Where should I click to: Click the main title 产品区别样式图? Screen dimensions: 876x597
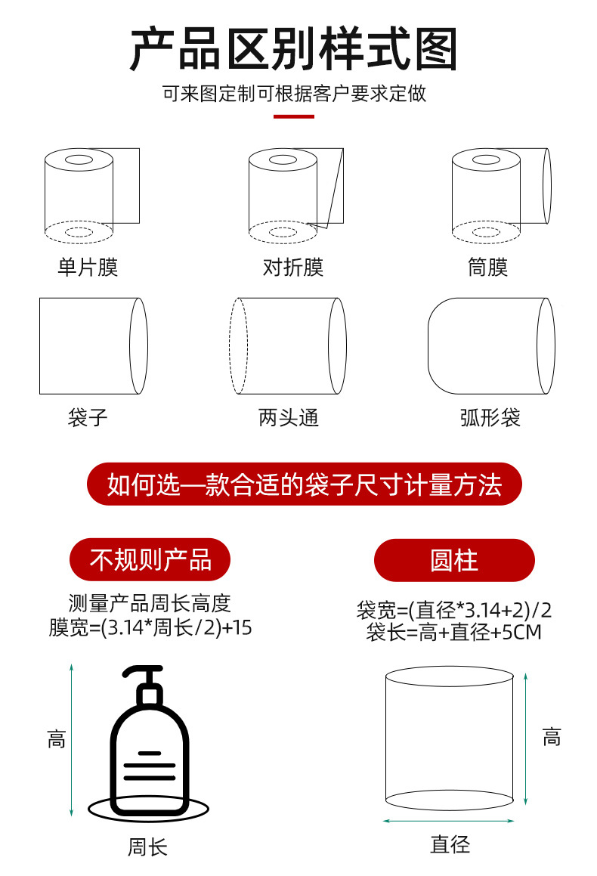click(294, 50)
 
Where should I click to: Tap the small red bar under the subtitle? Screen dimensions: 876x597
click(293, 116)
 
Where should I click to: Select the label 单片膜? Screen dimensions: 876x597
click(88, 267)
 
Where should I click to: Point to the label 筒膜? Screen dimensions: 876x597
click(487, 267)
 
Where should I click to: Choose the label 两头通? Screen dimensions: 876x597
click(289, 417)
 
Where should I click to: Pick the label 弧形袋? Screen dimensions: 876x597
click(490, 417)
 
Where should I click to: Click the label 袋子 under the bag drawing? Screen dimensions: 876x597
click(88, 417)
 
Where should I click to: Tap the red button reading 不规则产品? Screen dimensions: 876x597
click(150, 559)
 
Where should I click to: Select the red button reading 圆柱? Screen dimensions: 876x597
click(454, 560)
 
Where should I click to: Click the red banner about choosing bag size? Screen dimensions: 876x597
click(305, 484)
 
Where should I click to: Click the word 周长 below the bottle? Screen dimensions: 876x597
click(147, 847)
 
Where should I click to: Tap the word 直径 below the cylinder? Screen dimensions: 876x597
click(450, 843)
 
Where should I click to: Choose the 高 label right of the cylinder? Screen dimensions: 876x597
click(552, 736)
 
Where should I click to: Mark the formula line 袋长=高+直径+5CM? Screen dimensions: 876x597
click(454, 632)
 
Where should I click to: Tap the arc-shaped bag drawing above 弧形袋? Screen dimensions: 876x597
click(490, 345)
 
